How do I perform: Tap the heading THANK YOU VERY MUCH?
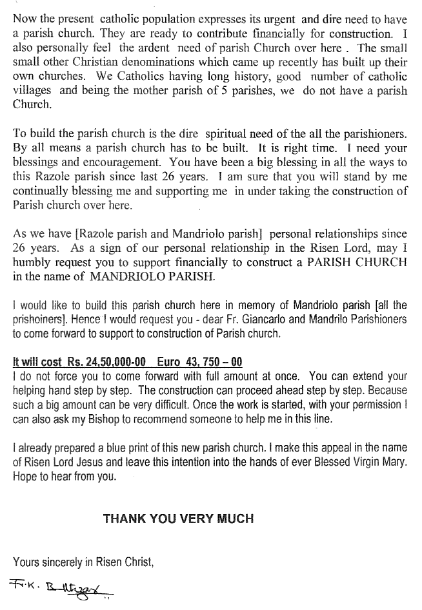[x=178, y=518]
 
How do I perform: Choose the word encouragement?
[x=129, y=163]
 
